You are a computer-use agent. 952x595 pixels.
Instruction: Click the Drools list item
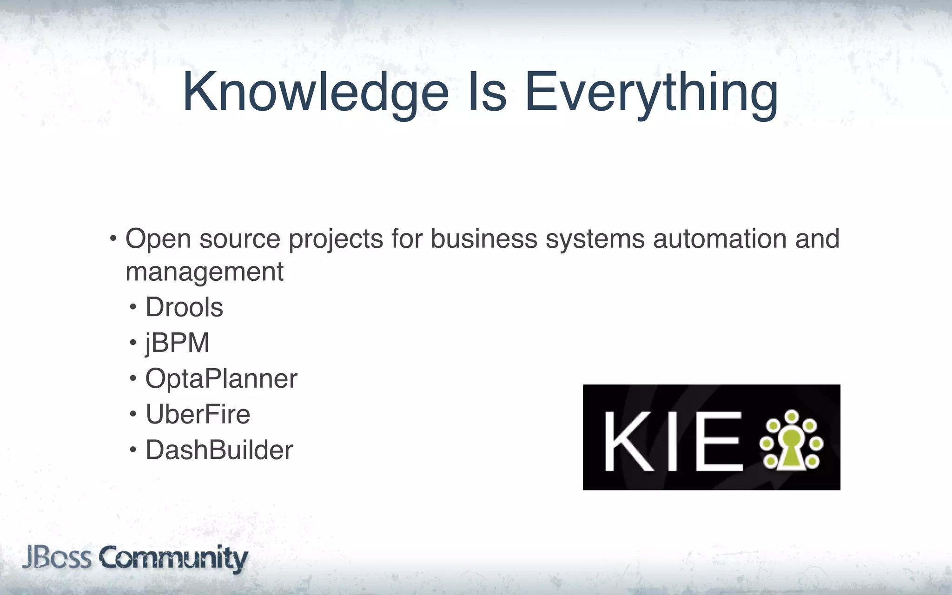click(x=184, y=307)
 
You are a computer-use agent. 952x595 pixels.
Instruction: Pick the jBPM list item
click(x=177, y=343)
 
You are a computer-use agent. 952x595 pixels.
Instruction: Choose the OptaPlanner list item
click(x=221, y=379)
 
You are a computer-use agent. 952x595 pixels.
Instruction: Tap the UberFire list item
click(x=198, y=414)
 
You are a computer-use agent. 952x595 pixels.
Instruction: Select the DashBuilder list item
click(x=219, y=450)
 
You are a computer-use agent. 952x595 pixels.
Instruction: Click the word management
click(x=205, y=272)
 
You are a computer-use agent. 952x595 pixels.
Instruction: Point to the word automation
click(x=720, y=239)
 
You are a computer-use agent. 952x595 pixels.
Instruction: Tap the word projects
click(x=336, y=240)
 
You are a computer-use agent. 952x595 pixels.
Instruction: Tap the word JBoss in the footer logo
click(x=57, y=558)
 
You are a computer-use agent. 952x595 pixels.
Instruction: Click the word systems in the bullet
click(x=595, y=240)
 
